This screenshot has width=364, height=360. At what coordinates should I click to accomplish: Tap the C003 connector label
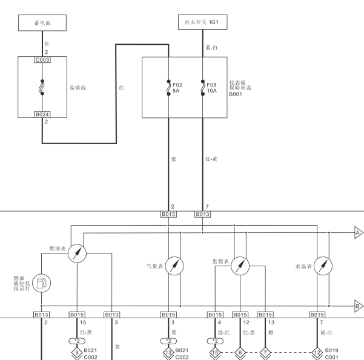[x=42, y=60]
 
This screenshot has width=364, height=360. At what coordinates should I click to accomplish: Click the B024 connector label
[x=42, y=114]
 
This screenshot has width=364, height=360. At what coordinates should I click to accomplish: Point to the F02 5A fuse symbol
[x=168, y=88]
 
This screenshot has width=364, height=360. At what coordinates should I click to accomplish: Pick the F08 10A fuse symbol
[x=203, y=88]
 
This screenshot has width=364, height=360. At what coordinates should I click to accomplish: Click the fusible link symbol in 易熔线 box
[x=42, y=87]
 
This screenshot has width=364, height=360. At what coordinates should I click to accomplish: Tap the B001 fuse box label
[x=236, y=94]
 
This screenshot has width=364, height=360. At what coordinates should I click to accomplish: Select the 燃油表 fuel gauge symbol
[x=78, y=254]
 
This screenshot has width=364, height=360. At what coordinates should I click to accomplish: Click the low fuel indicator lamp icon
[x=42, y=283]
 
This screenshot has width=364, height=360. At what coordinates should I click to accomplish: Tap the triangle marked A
[x=359, y=232]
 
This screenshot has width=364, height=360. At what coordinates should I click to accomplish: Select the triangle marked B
[x=359, y=306]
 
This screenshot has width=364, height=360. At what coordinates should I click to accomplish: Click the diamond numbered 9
[x=77, y=353]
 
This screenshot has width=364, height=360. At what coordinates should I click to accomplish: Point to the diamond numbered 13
[x=168, y=353]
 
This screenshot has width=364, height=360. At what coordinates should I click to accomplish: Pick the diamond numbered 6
[x=240, y=353]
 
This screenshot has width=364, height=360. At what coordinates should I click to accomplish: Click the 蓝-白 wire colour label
[x=211, y=48]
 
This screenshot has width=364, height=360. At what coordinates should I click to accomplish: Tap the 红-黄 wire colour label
[x=211, y=159]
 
